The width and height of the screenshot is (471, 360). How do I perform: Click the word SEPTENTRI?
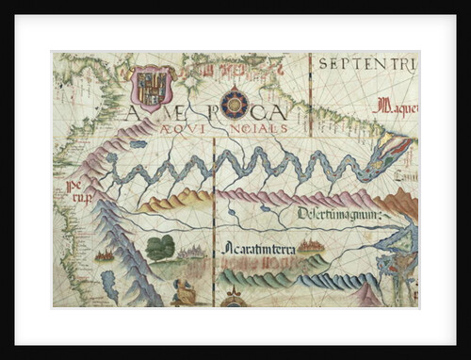click(x=365, y=65)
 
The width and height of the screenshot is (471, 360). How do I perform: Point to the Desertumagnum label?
click(x=338, y=213)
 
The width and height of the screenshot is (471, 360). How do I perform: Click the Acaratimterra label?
click(x=260, y=248)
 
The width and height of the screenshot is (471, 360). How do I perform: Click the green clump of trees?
click(x=161, y=248)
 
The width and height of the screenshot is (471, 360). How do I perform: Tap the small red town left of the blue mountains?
click(x=106, y=254)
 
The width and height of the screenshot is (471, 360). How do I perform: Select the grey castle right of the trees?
click(x=194, y=251)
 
